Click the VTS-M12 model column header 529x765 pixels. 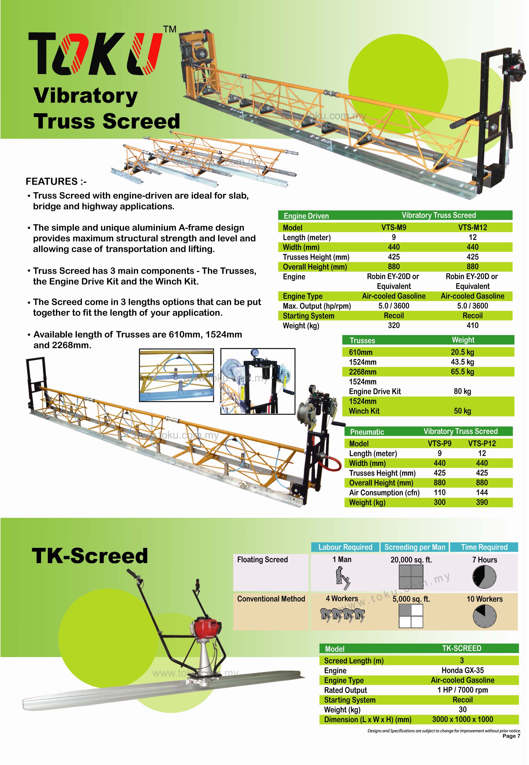coord(473,227)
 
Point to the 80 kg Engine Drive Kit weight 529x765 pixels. coord(462,391)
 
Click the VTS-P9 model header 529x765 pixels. coord(440,444)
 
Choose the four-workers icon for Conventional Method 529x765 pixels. coord(342,615)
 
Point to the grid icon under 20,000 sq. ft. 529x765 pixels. coord(411,577)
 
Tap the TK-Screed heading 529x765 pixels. coord(90,556)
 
